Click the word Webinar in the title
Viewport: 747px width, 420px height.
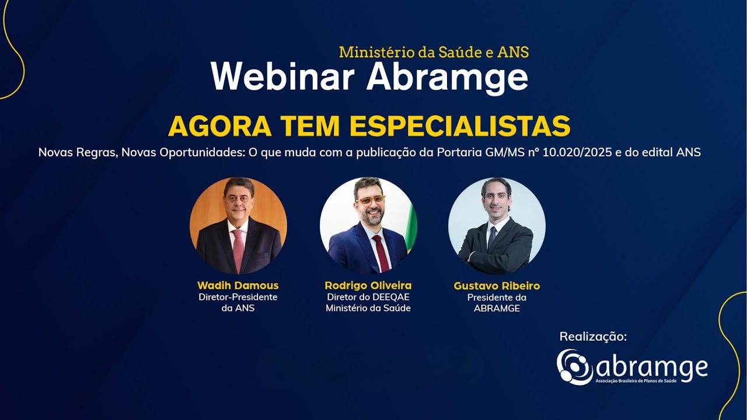point(284,76)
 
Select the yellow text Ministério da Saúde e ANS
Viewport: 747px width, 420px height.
point(434,52)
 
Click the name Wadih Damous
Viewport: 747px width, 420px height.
point(238,285)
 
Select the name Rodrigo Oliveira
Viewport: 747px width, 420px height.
point(368,285)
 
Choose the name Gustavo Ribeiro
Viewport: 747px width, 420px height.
point(497,286)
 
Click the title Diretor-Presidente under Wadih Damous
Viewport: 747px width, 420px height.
point(238,297)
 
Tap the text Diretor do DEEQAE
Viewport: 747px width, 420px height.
point(368,297)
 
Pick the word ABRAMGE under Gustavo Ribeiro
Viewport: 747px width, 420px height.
point(497,308)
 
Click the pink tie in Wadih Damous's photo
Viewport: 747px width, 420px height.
point(238,250)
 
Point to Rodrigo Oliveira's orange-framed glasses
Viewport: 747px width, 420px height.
point(371,200)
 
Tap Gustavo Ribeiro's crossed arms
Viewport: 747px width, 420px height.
point(496,251)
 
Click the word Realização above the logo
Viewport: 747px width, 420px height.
point(593,337)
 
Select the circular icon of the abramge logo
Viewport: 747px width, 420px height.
point(574,367)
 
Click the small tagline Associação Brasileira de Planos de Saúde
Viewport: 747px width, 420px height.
point(651,380)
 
